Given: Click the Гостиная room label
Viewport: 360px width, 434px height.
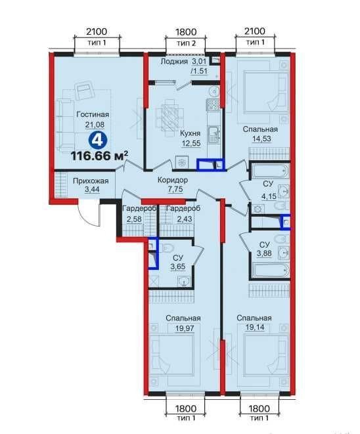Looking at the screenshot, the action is (93, 114).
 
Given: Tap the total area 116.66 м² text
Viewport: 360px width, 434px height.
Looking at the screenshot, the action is (99, 156).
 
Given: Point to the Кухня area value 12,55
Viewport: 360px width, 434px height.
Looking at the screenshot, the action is (191, 143).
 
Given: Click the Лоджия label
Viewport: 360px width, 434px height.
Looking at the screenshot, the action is (174, 61).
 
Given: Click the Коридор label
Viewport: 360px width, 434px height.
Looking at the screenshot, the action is (173, 180).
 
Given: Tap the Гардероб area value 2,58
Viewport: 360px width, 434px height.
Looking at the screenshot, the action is (134, 219).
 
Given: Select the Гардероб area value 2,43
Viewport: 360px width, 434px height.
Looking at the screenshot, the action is (185, 219).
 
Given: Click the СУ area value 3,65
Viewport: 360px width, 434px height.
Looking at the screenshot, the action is (178, 267).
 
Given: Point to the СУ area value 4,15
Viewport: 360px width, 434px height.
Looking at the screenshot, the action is (269, 196).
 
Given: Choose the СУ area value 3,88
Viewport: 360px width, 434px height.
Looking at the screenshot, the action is (264, 253).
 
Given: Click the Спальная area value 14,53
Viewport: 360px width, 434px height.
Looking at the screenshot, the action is (261, 139).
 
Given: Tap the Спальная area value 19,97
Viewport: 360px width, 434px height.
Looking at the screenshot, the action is (185, 328).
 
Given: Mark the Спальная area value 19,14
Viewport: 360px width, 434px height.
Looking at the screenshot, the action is (255, 328).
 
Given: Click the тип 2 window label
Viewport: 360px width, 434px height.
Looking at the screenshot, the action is (186, 43).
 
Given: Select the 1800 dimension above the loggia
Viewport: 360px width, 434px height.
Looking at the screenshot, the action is (186, 32).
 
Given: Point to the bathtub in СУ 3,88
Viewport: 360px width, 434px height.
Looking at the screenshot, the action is (270, 270).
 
